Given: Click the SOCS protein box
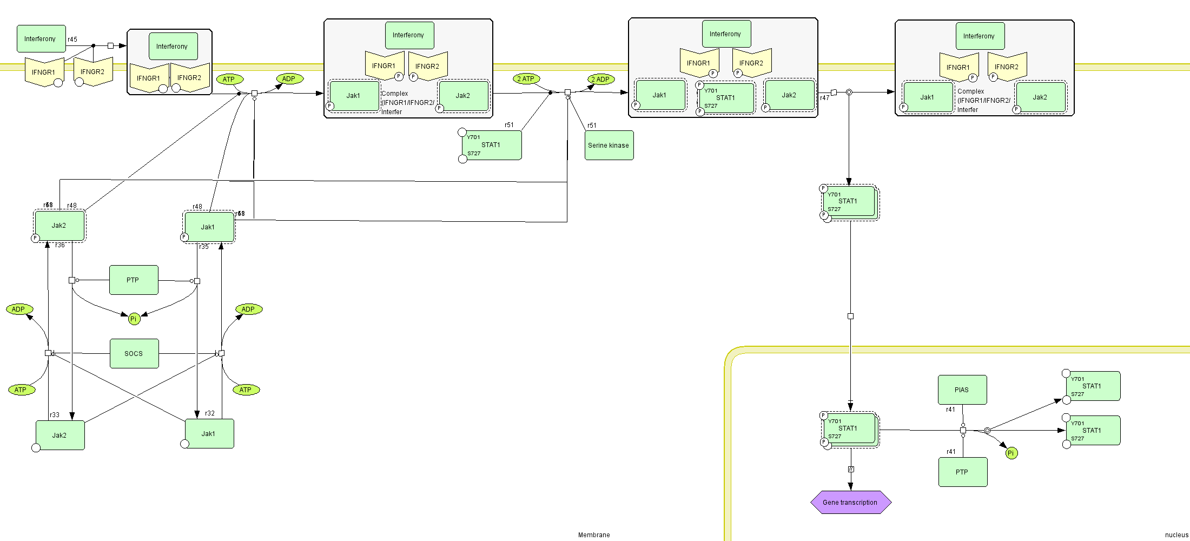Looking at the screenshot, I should click(x=134, y=354).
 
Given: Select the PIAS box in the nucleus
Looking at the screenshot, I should click(x=962, y=390).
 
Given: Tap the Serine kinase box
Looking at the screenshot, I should click(x=609, y=146).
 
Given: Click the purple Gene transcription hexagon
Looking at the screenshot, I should click(x=850, y=503).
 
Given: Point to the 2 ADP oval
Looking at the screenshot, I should click(x=600, y=80).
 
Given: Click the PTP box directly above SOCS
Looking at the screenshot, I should click(x=134, y=280).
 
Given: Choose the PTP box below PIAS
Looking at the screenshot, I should click(x=963, y=472).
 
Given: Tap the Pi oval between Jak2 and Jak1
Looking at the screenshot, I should click(x=134, y=319).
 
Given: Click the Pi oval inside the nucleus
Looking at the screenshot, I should click(x=1011, y=453).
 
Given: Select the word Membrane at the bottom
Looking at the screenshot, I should click(x=594, y=535).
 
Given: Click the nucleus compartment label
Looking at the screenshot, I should click(x=1176, y=535).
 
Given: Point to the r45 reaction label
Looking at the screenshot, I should click(x=72, y=39).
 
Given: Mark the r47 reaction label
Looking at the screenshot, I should click(x=824, y=98).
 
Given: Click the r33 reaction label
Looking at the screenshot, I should click(x=55, y=415).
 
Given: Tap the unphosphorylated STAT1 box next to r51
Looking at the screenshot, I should click(x=492, y=145).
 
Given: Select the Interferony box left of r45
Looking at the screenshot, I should click(x=41, y=39).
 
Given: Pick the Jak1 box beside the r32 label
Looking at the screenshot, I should click(x=209, y=434).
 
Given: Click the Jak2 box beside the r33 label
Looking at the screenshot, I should click(x=60, y=436).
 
